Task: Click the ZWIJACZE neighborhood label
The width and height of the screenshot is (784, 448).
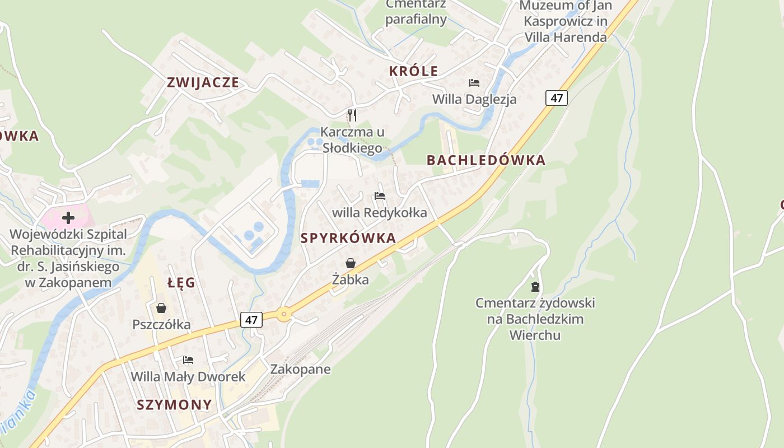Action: [203, 82]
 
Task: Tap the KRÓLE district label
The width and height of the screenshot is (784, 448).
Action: [413, 71]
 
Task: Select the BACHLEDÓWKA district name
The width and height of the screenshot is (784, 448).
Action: [486, 160]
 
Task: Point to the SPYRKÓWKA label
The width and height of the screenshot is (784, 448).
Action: [348, 238]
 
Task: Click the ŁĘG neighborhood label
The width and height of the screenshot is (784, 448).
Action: [181, 283]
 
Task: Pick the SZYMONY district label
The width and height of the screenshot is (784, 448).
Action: [175, 404]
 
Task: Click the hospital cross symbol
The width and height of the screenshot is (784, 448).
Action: [68, 217]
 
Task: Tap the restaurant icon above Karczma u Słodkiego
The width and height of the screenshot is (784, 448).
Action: [352, 115]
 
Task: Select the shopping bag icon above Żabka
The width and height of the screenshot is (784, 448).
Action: [351, 263]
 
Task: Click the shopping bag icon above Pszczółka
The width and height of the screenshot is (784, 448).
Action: [161, 308]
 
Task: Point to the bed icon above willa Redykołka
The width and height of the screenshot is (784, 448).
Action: [380, 196]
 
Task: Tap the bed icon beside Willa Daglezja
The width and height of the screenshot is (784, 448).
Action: [474, 83]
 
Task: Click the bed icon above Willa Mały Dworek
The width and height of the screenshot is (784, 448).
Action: [188, 360]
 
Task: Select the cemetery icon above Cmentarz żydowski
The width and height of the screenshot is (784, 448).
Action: [535, 287]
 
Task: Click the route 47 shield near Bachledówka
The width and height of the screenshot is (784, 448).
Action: [556, 98]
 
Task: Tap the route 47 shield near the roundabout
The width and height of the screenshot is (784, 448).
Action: [251, 320]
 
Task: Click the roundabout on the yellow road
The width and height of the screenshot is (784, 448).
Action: [284, 315]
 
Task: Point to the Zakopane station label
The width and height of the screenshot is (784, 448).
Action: [300, 369]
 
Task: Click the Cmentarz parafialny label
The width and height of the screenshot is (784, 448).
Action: [416, 12]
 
